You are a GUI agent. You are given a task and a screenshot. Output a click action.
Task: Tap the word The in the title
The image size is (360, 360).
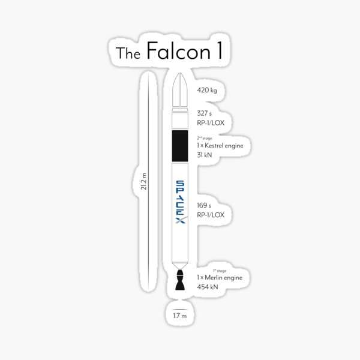click(x=128, y=53)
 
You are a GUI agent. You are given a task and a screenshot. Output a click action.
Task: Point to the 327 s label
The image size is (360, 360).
click(x=204, y=113)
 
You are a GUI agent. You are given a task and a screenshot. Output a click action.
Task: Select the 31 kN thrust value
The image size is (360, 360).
click(x=205, y=155)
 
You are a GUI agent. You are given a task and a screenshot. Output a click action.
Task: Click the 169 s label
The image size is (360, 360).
click(x=204, y=205)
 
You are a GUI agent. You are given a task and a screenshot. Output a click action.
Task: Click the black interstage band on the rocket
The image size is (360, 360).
click(x=181, y=146)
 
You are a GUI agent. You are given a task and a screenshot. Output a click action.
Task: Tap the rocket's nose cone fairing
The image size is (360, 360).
click(x=181, y=90)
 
